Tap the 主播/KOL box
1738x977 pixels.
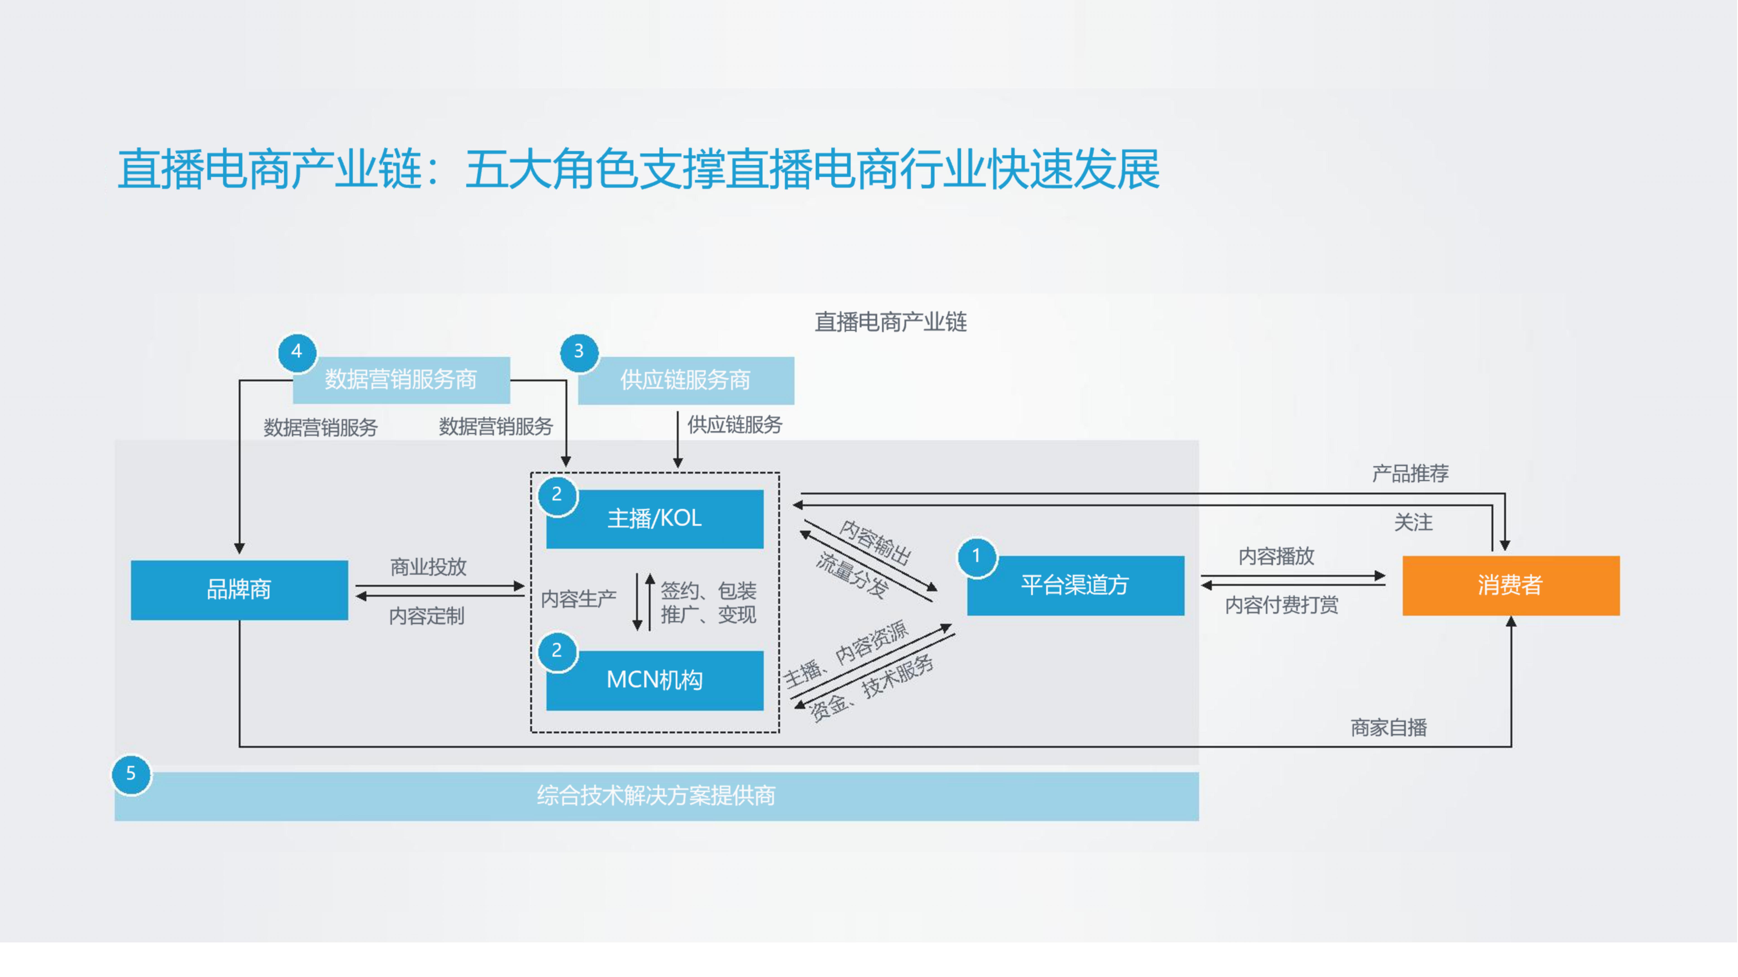tap(654, 519)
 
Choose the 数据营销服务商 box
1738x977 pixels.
tap(401, 380)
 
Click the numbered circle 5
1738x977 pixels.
tap(131, 774)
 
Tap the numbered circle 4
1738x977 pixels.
tap(296, 351)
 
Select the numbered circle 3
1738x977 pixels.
tap(578, 351)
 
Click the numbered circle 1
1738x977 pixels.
tap(976, 556)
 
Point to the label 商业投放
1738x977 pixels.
tap(428, 567)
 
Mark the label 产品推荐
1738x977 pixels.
tap(1410, 473)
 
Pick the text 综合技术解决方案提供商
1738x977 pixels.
tap(656, 796)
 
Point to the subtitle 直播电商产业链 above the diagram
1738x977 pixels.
tap(890, 322)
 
